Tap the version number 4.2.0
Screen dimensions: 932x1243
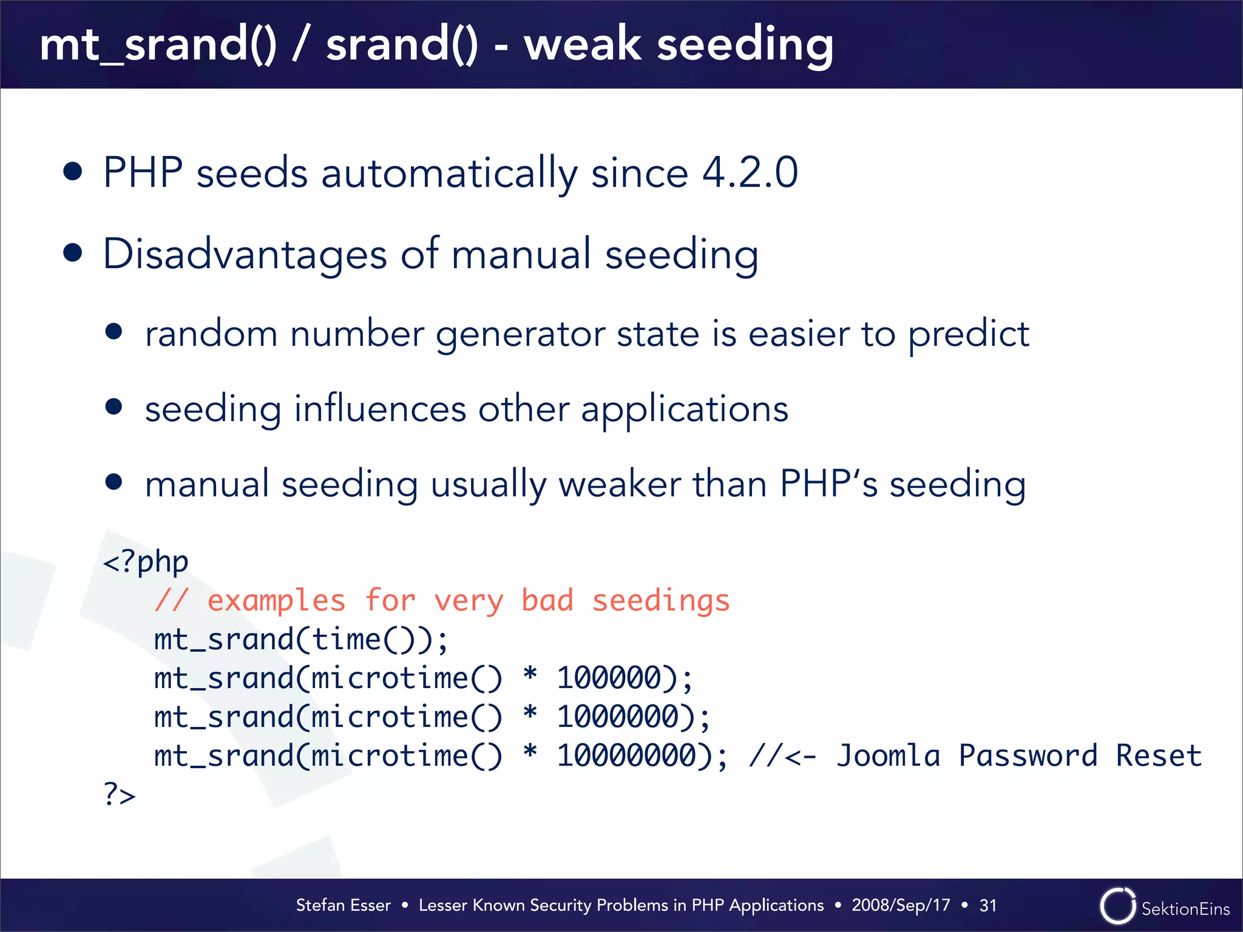point(750,173)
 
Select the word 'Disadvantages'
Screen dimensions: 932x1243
point(245,254)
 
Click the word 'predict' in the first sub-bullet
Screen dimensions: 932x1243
point(968,334)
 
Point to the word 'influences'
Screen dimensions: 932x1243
point(380,409)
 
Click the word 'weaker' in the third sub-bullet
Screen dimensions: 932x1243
point(619,484)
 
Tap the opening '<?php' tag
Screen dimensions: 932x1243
point(146,562)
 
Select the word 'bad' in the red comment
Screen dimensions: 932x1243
point(547,601)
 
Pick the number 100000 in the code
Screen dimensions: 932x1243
point(608,678)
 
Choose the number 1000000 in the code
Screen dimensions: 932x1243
point(617,717)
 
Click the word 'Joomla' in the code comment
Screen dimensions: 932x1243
point(888,756)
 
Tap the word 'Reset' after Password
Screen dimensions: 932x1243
point(1159,756)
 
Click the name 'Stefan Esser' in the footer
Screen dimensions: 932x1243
point(343,905)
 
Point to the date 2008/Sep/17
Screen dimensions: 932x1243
point(900,905)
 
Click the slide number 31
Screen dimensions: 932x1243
point(987,905)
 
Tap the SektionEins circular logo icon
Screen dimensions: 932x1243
point(1117,906)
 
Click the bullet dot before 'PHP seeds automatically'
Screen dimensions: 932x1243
point(73,172)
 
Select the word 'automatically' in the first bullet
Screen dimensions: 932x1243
point(449,173)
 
